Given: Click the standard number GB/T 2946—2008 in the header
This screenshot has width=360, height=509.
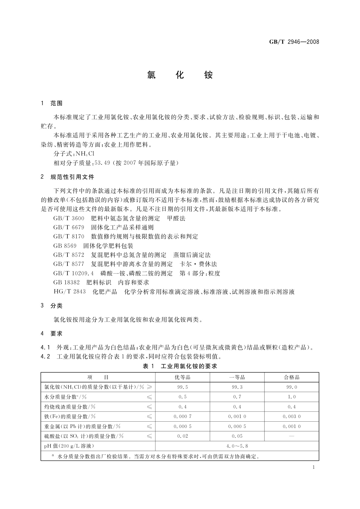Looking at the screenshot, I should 294,42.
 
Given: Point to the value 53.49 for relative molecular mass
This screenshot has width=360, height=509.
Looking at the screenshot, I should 102,163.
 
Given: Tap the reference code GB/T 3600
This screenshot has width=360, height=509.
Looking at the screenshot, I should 69,218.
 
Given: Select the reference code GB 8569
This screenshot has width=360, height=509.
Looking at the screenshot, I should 65,246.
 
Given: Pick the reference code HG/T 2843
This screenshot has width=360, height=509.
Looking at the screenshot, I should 70,292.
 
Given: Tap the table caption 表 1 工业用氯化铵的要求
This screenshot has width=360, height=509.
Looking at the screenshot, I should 180,366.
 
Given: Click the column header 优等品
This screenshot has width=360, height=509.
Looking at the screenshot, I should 183,377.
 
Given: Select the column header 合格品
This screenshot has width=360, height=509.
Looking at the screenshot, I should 291,377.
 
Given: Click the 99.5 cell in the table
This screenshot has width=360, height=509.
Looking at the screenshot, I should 183,387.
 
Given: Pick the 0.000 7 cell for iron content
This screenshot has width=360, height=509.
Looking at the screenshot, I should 183,417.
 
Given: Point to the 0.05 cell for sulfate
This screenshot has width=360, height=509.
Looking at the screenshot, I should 237,436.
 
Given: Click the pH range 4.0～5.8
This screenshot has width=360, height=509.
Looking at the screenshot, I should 237,446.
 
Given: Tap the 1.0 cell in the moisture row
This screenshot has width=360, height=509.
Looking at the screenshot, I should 291,397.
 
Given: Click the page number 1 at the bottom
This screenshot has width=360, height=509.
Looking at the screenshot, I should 313,467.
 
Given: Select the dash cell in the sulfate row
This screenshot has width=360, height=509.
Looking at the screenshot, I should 291,436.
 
